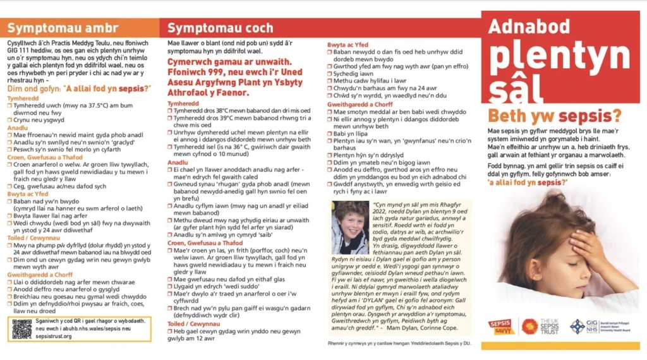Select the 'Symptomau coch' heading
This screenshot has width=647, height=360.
221,28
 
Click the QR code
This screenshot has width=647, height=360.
21,328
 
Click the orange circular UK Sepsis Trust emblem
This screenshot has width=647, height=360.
529,327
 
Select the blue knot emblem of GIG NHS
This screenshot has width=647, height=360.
577,326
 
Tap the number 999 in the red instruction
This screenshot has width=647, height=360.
209,73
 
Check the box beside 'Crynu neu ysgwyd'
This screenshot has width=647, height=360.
9,120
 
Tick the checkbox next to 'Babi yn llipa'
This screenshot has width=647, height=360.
330,133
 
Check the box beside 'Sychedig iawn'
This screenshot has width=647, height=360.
330,74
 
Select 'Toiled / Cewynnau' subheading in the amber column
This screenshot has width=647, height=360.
33,238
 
